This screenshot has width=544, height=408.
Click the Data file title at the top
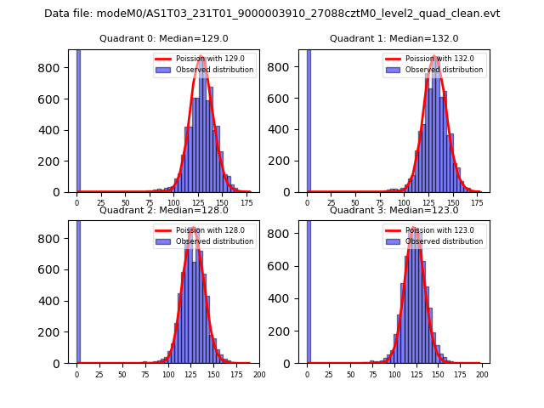point(272,14)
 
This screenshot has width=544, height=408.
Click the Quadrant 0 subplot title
point(163,38)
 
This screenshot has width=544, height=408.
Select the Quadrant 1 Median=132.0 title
point(394,38)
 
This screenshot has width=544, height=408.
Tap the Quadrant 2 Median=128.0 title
point(163,210)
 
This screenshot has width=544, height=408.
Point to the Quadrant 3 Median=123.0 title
point(394,210)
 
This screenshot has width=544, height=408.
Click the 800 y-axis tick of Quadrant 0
point(54,68)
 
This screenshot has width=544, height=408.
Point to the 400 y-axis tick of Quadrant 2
point(54,301)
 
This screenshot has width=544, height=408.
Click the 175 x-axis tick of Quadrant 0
point(246,203)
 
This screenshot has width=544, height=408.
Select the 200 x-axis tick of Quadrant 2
point(259,374)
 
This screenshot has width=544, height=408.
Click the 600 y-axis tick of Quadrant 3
point(285,269)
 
